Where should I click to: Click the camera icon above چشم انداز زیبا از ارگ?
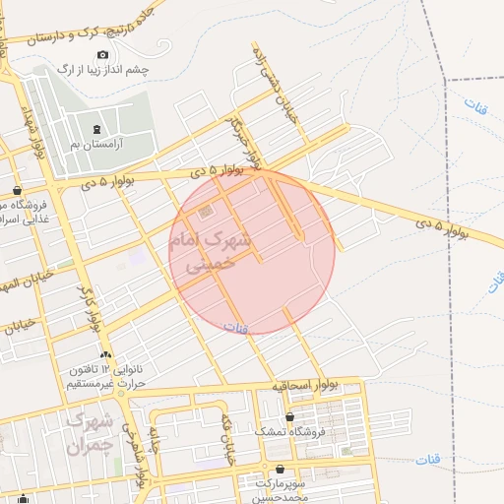(103, 54)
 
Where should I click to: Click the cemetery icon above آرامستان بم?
(95, 130)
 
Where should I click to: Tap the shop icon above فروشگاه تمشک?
(288, 417)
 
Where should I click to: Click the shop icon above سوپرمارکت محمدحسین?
(283, 469)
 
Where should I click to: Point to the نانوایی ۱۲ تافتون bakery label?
(105, 369)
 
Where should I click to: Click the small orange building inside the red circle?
(205, 212)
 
